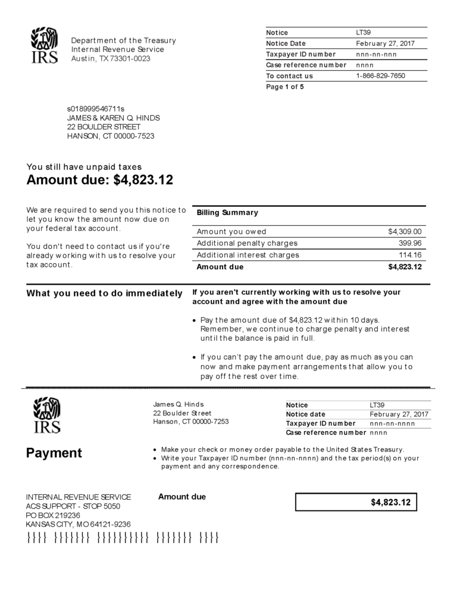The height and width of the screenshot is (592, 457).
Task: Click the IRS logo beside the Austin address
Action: pyautogui.click(x=44, y=45)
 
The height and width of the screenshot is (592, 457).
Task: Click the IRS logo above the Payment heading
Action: pyautogui.click(x=46, y=415)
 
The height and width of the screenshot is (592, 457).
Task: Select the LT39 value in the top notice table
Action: pyautogui.click(x=364, y=32)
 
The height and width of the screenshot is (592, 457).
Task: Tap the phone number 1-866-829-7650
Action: pyautogui.click(x=380, y=76)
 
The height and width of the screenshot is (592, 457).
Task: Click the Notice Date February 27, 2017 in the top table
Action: pyautogui.click(x=386, y=43)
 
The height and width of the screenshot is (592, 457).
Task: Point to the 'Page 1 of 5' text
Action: pyautogui.click(x=284, y=87)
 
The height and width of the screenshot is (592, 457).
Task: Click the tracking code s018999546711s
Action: pyautogui.click(x=96, y=109)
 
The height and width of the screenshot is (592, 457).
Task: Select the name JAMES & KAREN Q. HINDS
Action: pyautogui.click(x=113, y=118)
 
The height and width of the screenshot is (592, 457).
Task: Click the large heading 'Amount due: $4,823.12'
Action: pyautogui.click(x=100, y=179)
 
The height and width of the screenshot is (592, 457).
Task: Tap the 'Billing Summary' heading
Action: pyautogui.click(x=227, y=213)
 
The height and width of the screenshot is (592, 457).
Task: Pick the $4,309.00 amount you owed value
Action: pyautogui.click(x=405, y=231)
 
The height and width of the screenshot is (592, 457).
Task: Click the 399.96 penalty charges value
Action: pyautogui.click(x=410, y=243)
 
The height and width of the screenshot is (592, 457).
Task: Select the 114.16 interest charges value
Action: pyautogui.click(x=410, y=255)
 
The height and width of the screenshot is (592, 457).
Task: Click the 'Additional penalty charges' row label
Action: pyautogui.click(x=247, y=243)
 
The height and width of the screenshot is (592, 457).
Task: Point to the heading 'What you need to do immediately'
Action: pyautogui.click(x=104, y=293)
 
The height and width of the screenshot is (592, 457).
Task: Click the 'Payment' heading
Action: pyautogui.click(x=54, y=453)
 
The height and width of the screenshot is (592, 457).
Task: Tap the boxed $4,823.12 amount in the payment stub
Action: pyautogui.click(x=390, y=502)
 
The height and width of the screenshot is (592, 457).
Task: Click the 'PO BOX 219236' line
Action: pyautogui.click(x=53, y=515)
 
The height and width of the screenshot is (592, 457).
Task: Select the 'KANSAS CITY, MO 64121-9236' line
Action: pyautogui.click(x=78, y=524)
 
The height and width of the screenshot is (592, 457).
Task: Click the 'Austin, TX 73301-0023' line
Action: pyautogui.click(x=111, y=58)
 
